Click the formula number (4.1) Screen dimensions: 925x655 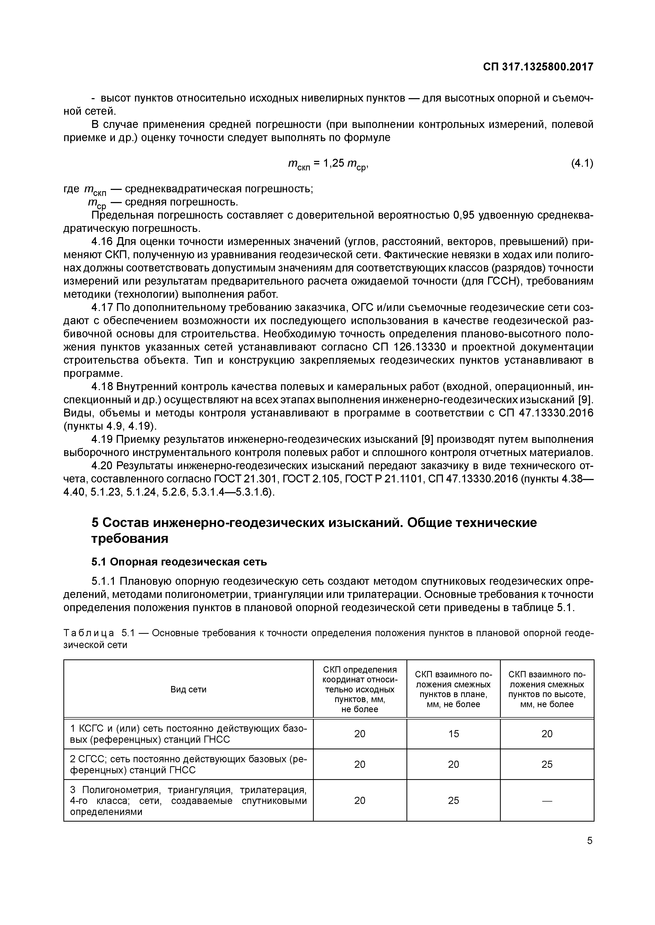point(582,163)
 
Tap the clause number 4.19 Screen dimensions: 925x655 point(102,439)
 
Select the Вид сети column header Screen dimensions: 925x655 point(188,689)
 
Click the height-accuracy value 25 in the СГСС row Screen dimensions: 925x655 point(547,765)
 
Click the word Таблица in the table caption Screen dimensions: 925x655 point(89,633)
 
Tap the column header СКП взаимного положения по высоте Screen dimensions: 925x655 point(547,689)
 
